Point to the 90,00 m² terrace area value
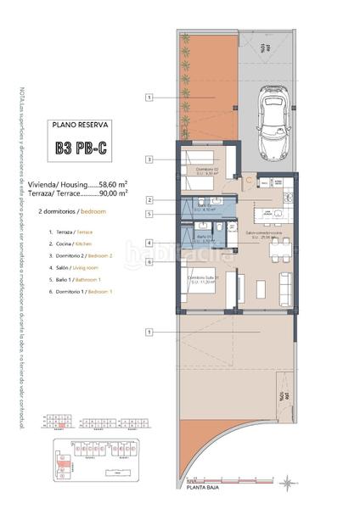(x=113, y=193)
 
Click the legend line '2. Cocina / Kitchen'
(x=74, y=243)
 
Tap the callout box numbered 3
(x=149, y=159)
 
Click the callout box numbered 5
(x=149, y=215)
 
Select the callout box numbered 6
(x=149, y=261)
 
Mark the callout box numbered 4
(x=149, y=243)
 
